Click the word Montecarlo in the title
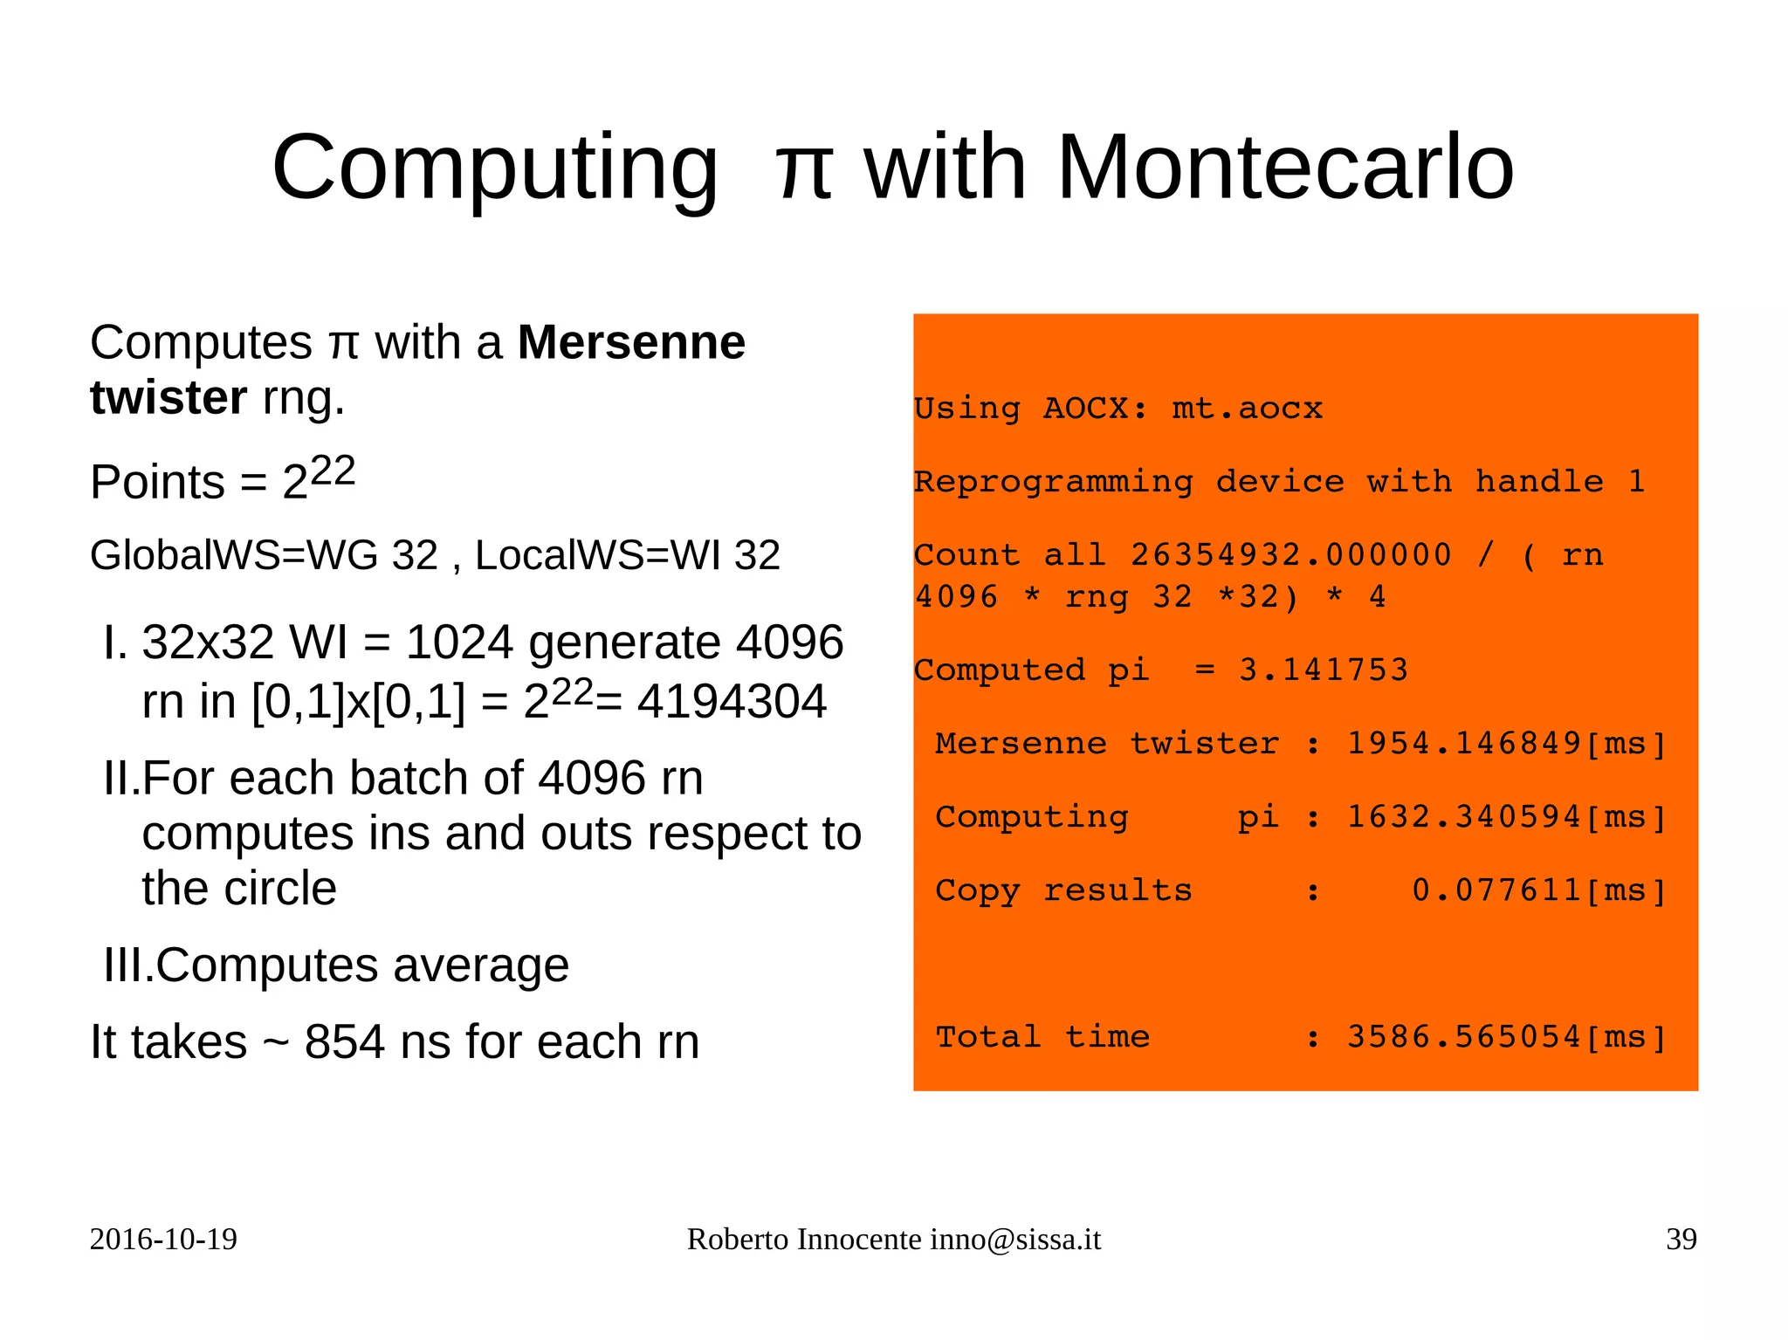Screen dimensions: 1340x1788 pyautogui.click(x=1285, y=168)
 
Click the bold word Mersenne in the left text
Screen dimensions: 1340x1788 pyautogui.click(x=631, y=342)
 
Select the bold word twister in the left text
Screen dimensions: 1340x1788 pyautogui.click(x=168, y=398)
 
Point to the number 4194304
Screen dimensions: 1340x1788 pyautogui.click(x=732, y=702)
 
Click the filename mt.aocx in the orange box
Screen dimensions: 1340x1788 pyautogui.click(x=1247, y=409)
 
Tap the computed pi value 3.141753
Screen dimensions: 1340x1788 pyautogui.click(x=1324, y=670)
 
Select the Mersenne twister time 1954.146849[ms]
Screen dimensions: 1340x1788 pyautogui.click(x=1507, y=744)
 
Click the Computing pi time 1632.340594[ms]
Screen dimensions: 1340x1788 pyautogui.click(x=1507, y=817)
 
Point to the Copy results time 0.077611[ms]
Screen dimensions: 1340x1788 pyautogui.click(x=1539, y=890)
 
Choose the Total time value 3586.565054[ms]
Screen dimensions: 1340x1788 pyautogui.click(x=1507, y=1037)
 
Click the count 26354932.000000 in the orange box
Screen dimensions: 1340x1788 pyautogui.click(x=1291, y=555)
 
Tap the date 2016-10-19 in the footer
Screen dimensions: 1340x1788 pyautogui.click(x=163, y=1240)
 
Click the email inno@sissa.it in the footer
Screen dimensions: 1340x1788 pyautogui.click(x=1015, y=1240)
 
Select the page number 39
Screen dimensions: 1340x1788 pyautogui.click(x=1681, y=1240)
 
